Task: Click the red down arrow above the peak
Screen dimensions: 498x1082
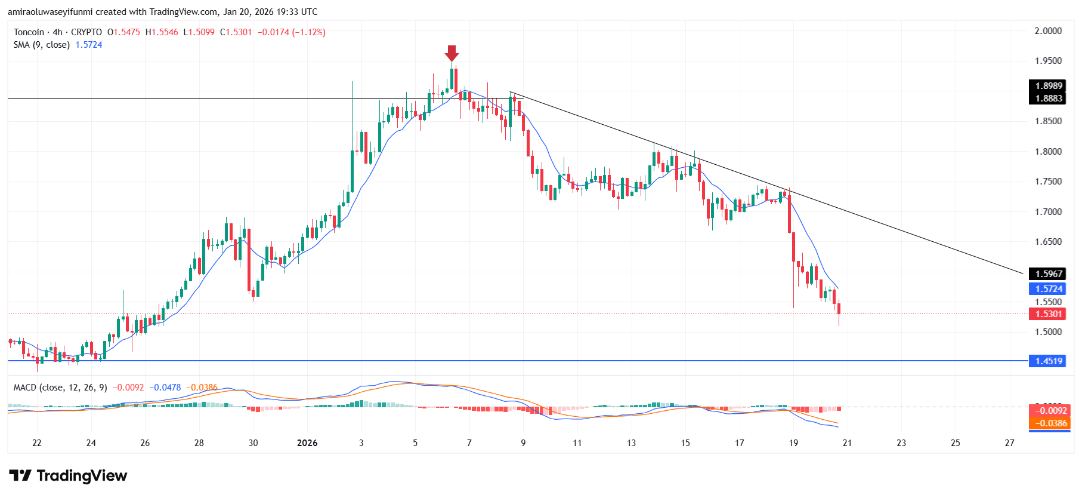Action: point(452,53)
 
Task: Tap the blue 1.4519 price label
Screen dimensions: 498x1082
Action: point(1048,361)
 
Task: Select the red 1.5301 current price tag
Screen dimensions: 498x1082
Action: point(1048,314)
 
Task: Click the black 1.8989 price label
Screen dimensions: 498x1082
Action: point(1048,86)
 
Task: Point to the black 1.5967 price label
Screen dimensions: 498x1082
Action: point(1048,274)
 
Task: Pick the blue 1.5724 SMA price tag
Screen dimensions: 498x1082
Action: point(1048,289)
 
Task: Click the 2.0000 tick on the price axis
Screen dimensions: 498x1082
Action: point(1048,31)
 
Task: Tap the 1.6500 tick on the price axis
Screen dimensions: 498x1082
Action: point(1048,242)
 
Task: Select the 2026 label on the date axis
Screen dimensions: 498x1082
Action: point(307,443)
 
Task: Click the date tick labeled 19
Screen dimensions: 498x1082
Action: point(793,443)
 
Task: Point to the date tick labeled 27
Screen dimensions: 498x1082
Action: point(1009,443)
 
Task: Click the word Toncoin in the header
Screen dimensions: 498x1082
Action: point(29,32)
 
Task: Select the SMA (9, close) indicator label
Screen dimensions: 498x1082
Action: point(42,45)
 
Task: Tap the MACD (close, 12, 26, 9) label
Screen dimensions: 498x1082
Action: point(60,388)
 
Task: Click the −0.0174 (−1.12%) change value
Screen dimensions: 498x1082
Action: point(291,32)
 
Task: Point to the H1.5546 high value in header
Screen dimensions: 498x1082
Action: point(162,32)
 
